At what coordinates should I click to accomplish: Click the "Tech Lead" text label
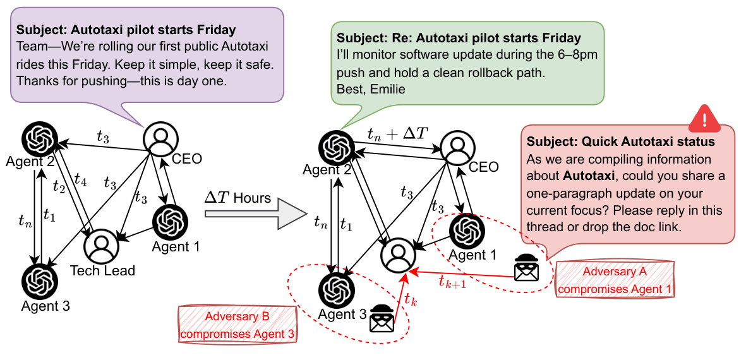pyautogui.click(x=102, y=271)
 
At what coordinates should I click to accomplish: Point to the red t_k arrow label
pyautogui.click(x=409, y=299)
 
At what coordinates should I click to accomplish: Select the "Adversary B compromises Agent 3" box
pyautogui.click(x=238, y=325)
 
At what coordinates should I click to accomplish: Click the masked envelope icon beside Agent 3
pyautogui.click(x=383, y=318)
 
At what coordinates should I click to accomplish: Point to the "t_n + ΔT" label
pyautogui.click(x=399, y=134)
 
